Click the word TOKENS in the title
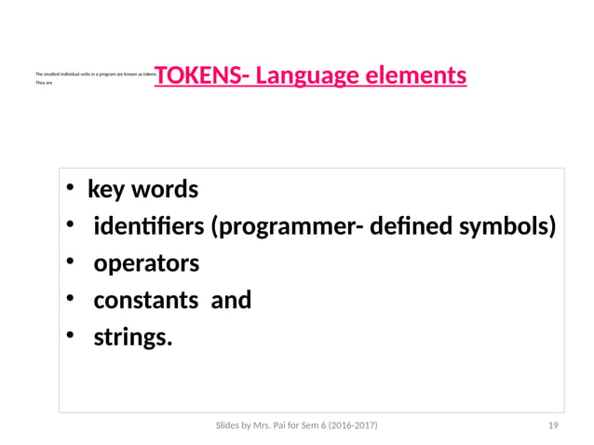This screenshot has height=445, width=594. tap(196, 74)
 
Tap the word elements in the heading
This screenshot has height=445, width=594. tap(417, 74)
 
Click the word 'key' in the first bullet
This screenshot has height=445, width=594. tap(107, 190)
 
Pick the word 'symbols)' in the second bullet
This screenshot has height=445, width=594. tap(509, 226)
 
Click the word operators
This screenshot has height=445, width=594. tap(146, 263)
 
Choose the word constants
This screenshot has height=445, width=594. tap(145, 301)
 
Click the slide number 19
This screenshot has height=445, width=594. tap(553, 425)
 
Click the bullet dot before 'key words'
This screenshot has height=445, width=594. tap(70, 191)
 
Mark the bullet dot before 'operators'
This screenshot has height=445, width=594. tap(70, 264)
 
